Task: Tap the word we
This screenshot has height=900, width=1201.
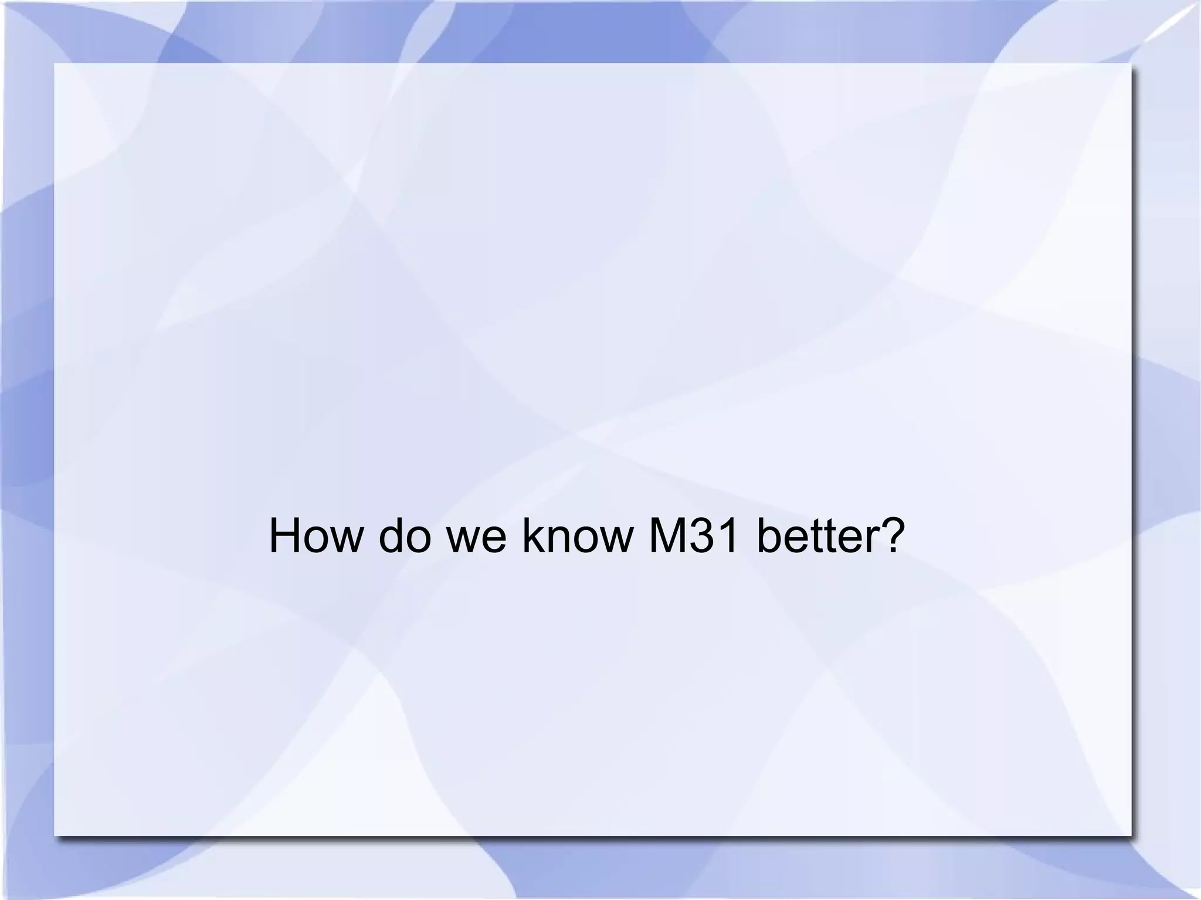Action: (x=476, y=538)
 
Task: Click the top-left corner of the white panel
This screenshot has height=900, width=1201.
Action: (x=55, y=64)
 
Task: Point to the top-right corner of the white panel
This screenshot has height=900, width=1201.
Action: (x=1130, y=64)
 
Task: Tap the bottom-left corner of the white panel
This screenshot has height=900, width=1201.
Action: (x=55, y=835)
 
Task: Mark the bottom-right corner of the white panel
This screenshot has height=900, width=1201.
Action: (x=1130, y=835)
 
